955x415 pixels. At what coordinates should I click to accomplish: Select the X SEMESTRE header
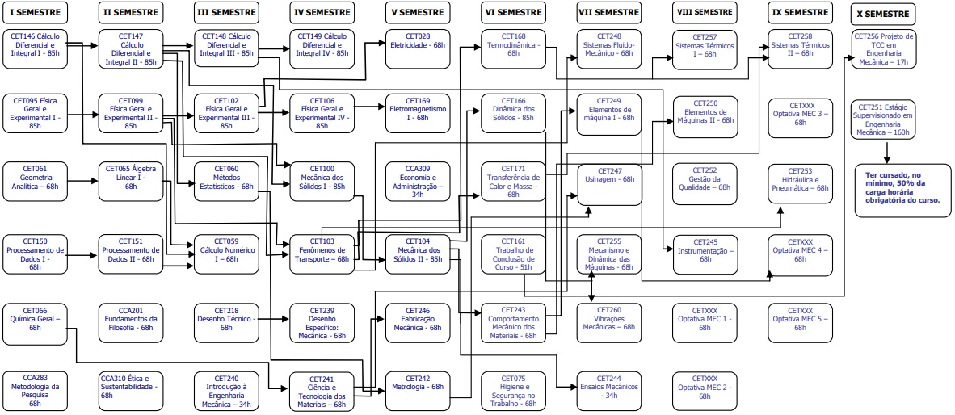[x=882, y=15]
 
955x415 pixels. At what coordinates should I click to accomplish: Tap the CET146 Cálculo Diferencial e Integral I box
[x=36, y=47]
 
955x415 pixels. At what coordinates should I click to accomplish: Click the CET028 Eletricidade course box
[x=418, y=45]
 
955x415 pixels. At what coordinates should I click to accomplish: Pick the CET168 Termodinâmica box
[x=513, y=47]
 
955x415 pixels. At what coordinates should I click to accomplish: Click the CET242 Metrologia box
[x=418, y=387]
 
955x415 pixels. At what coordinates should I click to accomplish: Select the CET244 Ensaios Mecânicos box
[x=610, y=387]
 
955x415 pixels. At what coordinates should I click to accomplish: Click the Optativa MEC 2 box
[x=705, y=388]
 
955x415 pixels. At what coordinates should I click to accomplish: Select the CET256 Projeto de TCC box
[x=883, y=48]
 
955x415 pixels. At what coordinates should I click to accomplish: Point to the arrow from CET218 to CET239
[x=274, y=319]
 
